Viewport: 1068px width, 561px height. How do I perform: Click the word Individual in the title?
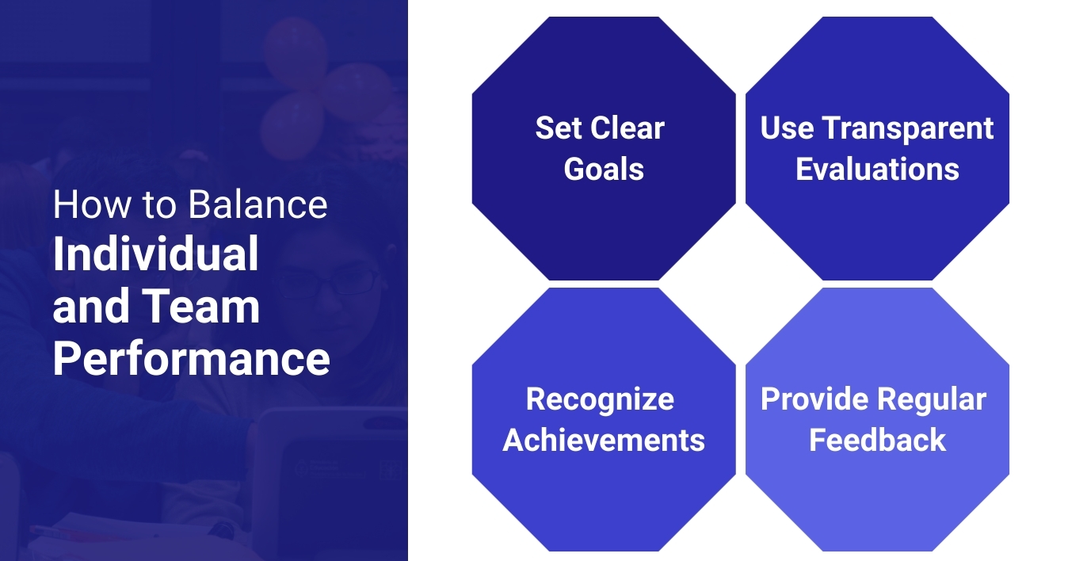point(156,255)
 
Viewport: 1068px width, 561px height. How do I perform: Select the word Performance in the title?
point(191,359)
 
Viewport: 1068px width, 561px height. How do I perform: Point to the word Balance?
point(257,204)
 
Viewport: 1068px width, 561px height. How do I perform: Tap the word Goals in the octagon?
point(604,169)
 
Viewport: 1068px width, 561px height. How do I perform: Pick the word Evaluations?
point(877,169)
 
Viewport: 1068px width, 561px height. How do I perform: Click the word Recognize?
point(600,399)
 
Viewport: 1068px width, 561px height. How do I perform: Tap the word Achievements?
point(604,440)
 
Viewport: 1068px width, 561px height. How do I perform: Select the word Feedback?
point(877,440)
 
